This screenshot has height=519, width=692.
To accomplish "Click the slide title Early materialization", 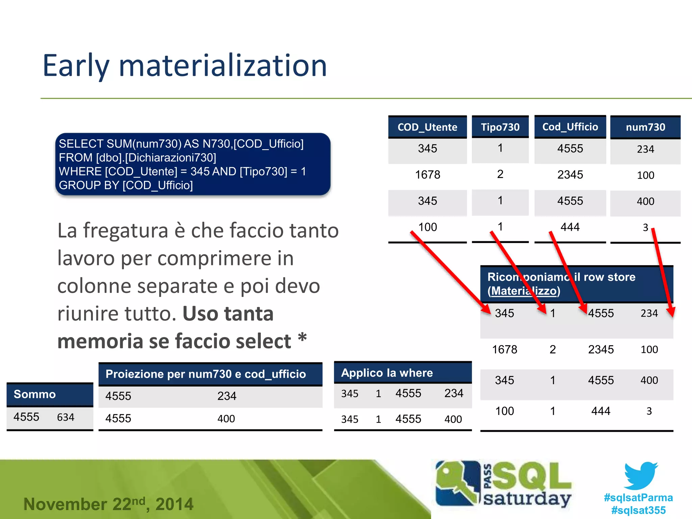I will [185, 66].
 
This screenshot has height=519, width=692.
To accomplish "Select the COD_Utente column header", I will [427, 127].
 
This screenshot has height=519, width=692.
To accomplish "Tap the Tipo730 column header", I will [500, 127].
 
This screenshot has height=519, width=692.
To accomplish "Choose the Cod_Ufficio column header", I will [570, 127].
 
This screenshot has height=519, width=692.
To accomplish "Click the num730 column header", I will [645, 127].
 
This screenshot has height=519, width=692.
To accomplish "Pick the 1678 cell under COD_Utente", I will [427, 175].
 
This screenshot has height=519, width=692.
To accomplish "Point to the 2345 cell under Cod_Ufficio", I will [570, 175].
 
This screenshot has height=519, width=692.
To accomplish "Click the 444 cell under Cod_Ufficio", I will [570, 227].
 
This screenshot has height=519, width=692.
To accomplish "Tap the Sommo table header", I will [34, 394].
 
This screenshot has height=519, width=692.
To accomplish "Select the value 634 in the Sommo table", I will [66, 417].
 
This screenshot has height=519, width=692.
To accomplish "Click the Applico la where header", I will [387, 373].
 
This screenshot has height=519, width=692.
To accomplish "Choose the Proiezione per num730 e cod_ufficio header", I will [205, 374].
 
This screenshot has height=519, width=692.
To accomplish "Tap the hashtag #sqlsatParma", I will [638, 497].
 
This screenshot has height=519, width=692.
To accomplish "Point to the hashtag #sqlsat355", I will [638, 510].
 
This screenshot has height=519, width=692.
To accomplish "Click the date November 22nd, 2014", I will [108, 504].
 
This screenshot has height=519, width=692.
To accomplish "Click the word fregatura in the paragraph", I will [126, 231].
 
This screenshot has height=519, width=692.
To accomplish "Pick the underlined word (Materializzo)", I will [524, 291].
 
